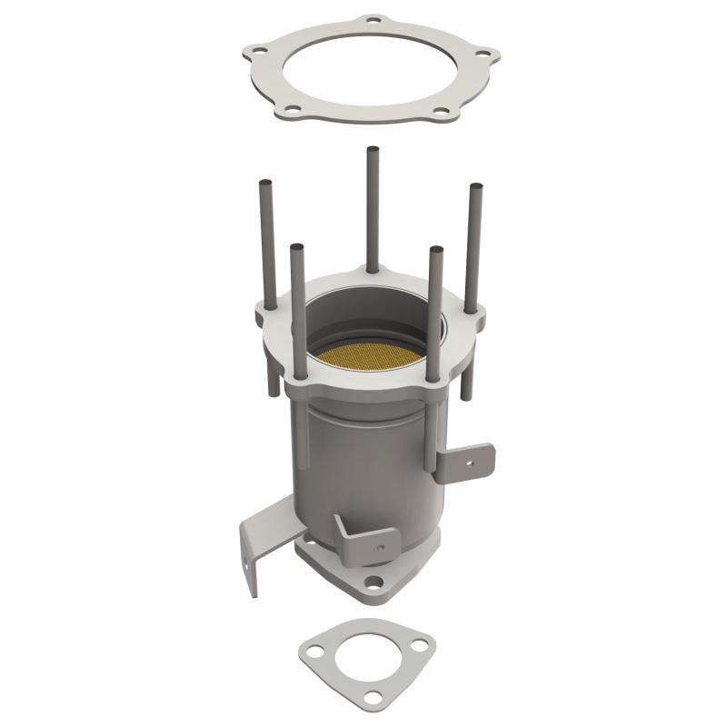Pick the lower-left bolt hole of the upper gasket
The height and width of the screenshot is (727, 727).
point(292,109)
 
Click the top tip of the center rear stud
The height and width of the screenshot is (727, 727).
point(372,149)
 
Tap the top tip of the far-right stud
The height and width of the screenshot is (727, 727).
point(474,188)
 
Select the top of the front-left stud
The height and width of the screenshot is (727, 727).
point(297,246)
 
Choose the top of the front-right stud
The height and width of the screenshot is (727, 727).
point(435,250)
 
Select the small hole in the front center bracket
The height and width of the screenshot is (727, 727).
point(380,548)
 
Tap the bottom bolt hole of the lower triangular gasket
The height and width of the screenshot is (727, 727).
point(372,696)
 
